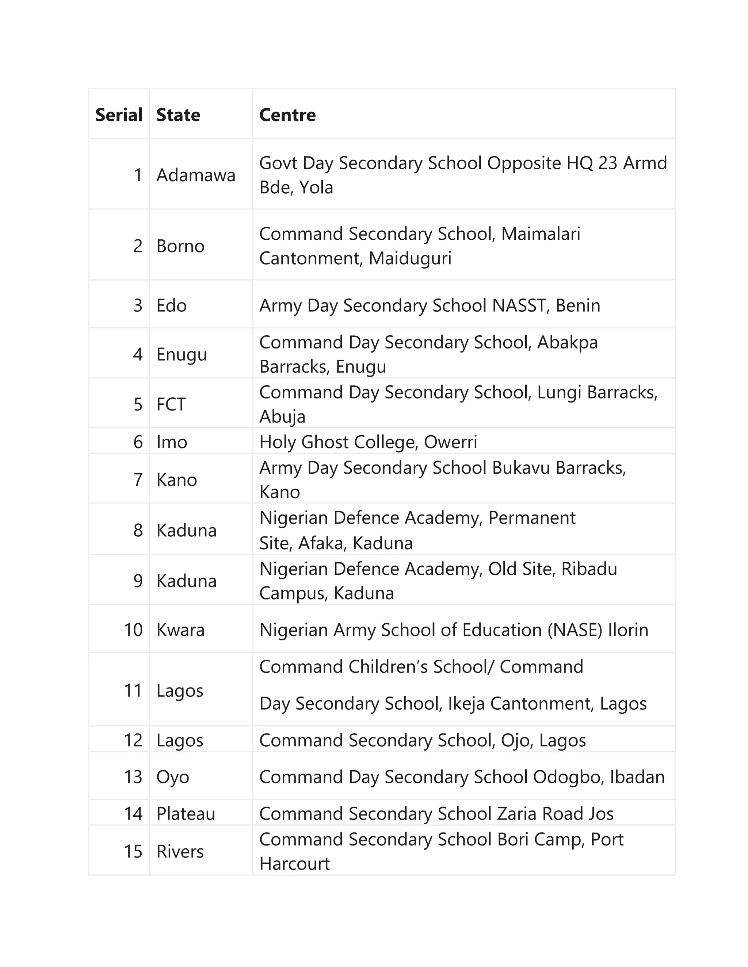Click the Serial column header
119,115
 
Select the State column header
178,115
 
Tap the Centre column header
287,115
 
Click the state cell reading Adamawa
195,175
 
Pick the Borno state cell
180,246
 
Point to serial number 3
138,305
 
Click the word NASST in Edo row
519,305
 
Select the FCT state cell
171,404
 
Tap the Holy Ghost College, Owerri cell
368,442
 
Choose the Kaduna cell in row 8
186,531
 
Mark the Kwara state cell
180,630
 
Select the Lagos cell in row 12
179,740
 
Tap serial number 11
133,691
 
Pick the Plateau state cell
185,814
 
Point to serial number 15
133,851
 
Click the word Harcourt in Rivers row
294,864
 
